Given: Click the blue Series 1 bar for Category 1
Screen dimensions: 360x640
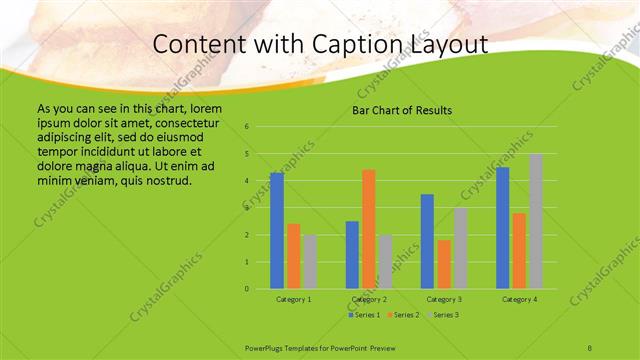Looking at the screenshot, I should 277,231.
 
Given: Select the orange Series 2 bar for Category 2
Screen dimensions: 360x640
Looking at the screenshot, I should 369,229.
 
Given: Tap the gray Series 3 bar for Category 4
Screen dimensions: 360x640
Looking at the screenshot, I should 536,221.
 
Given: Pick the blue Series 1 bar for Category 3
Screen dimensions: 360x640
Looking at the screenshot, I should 427,241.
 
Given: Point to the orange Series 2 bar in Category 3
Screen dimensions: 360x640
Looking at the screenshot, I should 444,264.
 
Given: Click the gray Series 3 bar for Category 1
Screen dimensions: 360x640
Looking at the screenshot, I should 311,262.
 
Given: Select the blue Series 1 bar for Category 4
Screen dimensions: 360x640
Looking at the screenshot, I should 503,228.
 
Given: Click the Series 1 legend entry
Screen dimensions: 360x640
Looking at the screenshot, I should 364,315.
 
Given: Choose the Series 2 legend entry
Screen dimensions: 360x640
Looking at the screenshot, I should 403,315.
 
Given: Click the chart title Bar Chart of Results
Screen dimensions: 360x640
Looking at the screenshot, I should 402,110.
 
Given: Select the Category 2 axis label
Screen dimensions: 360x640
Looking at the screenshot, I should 369,299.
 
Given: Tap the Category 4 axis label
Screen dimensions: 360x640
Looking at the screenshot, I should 519,299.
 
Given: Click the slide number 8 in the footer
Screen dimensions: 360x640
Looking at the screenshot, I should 591,346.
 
